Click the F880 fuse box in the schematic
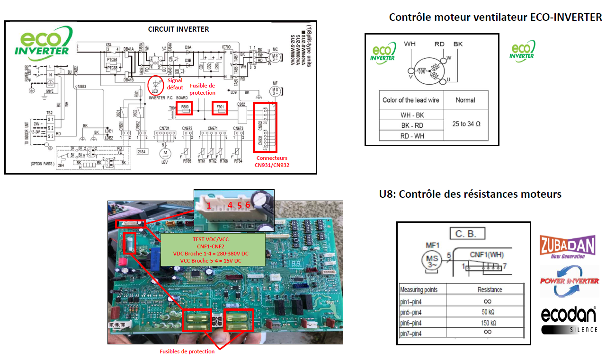[186, 108]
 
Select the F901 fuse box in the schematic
[220, 108]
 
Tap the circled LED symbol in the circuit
[154, 85]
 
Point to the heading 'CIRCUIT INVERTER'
[178, 29]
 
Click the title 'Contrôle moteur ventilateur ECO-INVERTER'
[495, 18]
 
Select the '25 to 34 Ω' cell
[466, 124]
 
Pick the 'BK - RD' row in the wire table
[411, 125]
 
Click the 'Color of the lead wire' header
[411, 100]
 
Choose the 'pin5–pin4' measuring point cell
[416, 312]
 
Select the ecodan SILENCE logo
[569, 320]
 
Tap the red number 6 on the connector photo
[247, 205]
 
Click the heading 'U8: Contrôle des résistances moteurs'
[470, 194]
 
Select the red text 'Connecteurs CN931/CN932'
[272, 161]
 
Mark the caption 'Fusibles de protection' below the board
[187, 351]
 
